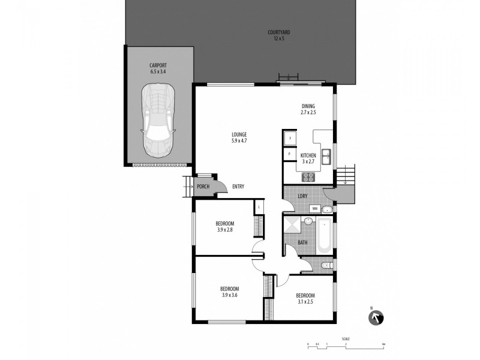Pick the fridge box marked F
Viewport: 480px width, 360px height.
(x=290, y=139)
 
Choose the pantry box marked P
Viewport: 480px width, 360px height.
(x=290, y=154)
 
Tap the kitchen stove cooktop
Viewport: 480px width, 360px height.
(x=308, y=177)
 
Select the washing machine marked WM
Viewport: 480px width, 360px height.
(x=314, y=209)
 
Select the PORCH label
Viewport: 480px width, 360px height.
(x=203, y=187)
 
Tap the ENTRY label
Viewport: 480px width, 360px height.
(x=238, y=187)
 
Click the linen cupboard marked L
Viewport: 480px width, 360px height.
(x=259, y=208)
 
